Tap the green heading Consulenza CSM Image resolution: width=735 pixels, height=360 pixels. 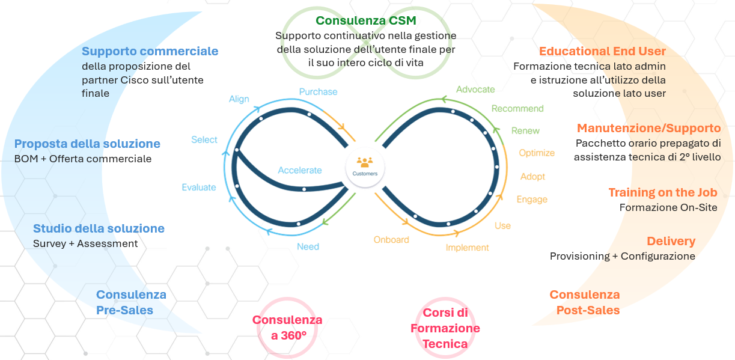pyautogui.click(x=365, y=21)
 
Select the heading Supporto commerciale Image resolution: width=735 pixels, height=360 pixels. pyautogui.click(x=150, y=51)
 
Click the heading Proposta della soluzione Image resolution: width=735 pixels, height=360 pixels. pyautogui.click(x=87, y=144)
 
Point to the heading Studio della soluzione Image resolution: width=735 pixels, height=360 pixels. pyautogui.click(x=99, y=228)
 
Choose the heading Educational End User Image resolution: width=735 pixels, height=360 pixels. pyautogui.click(x=602, y=51)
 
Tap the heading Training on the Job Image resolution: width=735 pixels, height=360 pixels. pyautogui.click(x=663, y=192)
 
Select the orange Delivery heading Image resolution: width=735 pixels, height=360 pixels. pyautogui.click(x=671, y=241)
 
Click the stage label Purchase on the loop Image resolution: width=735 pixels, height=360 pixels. pyautogui.click(x=318, y=92)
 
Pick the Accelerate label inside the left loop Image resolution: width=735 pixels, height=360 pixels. pyautogui.click(x=300, y=170)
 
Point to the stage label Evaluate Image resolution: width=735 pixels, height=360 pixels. pyautogui.click(x=199, y=188)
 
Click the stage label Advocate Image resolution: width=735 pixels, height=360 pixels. pyautogui.click(x=475, y=90)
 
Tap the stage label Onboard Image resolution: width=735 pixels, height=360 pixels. pyautogui.click(x=391, y=240)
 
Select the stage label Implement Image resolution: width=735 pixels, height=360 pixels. pyautogui.click(x=467, y=247)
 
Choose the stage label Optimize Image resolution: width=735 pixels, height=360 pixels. pyautogui.click(x=537, y=153)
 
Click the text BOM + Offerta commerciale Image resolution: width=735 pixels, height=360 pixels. pyautogui.click(x=83, y=159)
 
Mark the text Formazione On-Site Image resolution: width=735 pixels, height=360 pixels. pyautogui.click(x=668, y=207)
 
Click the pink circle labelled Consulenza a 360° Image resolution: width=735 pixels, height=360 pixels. pyautogui.click(x=287, y=328)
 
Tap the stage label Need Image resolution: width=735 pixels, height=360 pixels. pyautogui.click(x=308, y=246)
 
